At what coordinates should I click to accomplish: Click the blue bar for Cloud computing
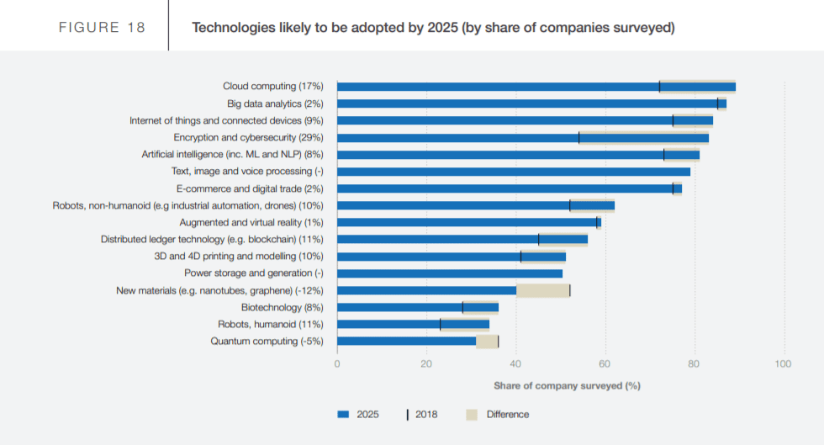(496, 87)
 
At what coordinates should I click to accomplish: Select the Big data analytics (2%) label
(275, 103)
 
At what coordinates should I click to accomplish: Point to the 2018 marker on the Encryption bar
(578, 137)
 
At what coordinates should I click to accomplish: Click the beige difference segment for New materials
(542, 290)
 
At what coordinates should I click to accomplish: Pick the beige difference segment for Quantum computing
(487, 341)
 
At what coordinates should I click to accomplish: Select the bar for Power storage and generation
(450, 273)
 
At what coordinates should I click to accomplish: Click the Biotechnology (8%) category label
(282, 307)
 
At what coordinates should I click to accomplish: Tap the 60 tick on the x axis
(605, 364)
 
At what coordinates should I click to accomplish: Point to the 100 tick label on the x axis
(783, 364)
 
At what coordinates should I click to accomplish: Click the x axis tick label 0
(337, 364)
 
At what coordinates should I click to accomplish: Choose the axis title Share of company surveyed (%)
(567, 385)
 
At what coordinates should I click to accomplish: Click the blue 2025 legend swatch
(342, 414)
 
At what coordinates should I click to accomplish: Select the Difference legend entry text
(508, 414)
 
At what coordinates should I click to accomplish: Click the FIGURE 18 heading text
(102, 28)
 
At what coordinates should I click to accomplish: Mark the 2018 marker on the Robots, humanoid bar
(440, 324)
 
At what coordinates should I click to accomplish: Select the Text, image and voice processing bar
(513, 172)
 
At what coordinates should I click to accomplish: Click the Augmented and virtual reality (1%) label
(251, 222)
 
